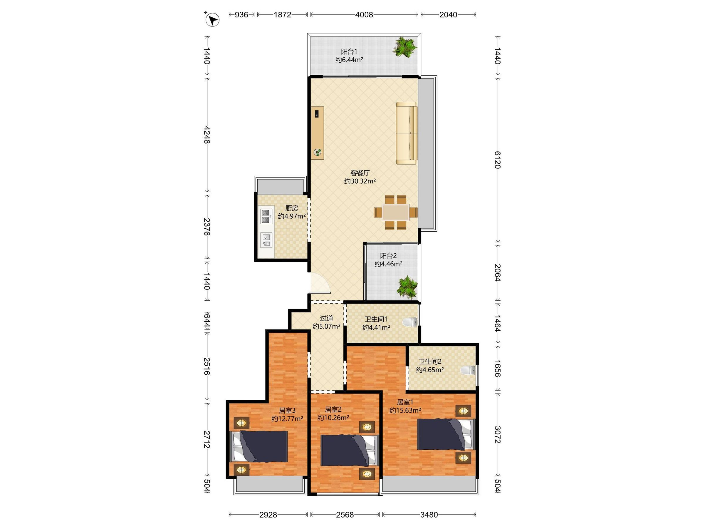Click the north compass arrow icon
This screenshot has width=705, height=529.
pos(212,20)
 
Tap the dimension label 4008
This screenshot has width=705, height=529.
pos(364,15)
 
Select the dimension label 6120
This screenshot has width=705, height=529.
pos(498,160)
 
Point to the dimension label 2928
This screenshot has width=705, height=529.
pos(268,515)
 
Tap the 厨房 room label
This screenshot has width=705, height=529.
pos(292,208)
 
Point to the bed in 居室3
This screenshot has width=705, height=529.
pos(259,446)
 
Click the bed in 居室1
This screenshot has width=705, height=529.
pos(446,434)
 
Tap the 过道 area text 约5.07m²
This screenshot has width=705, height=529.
pos(326,326)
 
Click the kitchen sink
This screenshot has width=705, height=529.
pos(266,240)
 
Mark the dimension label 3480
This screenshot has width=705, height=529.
pos(429,515)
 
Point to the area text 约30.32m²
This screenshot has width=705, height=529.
pos(360,181)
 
